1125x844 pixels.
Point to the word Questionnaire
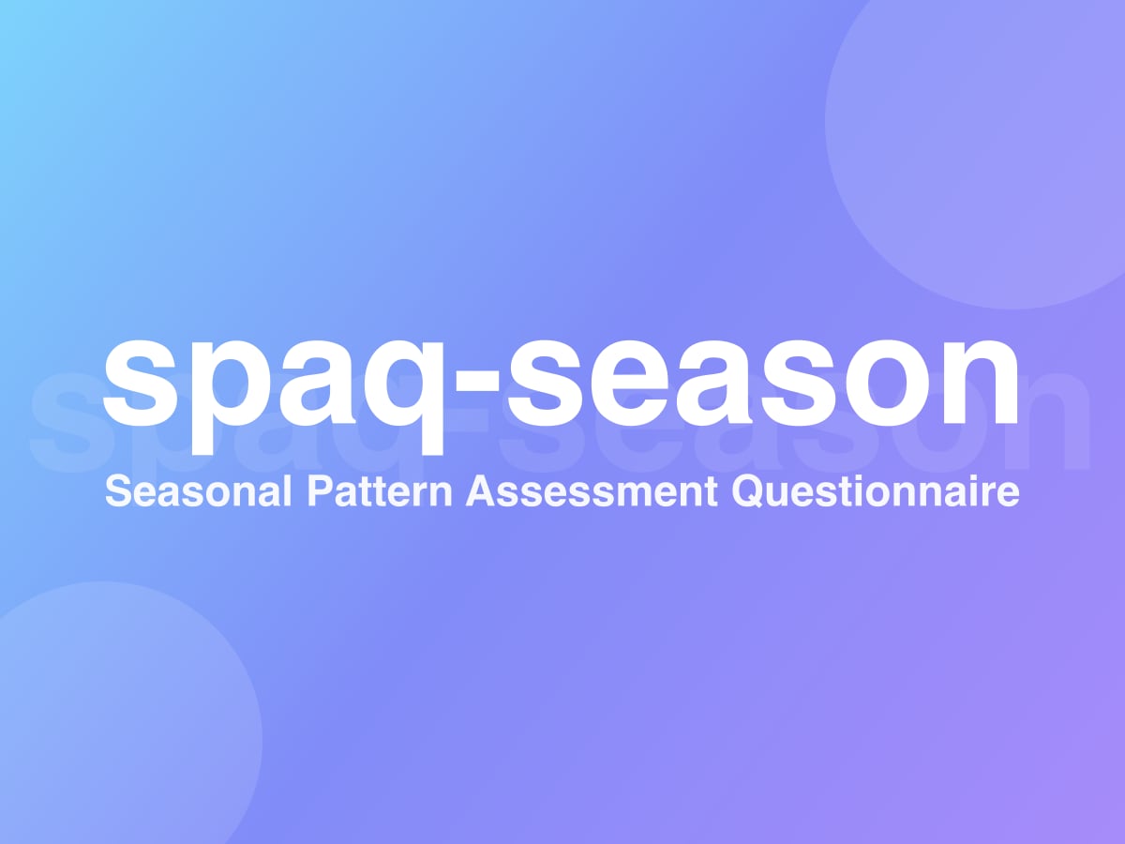pyautogui.click(x=876, y=492)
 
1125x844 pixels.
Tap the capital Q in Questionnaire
pyautogui.click(x=749, y=492)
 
